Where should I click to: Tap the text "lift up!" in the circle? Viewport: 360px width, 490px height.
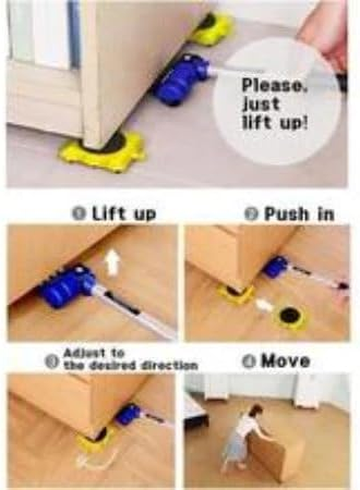coord(275,123)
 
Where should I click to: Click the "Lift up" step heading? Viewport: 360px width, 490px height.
coord(124,214)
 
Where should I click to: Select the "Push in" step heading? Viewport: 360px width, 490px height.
coord(299,214)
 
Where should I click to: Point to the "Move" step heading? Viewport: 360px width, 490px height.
coord(285,361)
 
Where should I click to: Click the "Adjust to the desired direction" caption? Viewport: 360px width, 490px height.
coord(130,359)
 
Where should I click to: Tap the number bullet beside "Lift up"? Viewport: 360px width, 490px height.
coord(79,214)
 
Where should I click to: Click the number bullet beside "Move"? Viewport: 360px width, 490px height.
coord(249,361)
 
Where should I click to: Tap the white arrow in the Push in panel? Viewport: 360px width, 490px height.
coord(263,305)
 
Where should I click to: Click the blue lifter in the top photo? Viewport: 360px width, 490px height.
coord(180,79)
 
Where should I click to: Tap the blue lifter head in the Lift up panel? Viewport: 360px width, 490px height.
coord(67,285)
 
